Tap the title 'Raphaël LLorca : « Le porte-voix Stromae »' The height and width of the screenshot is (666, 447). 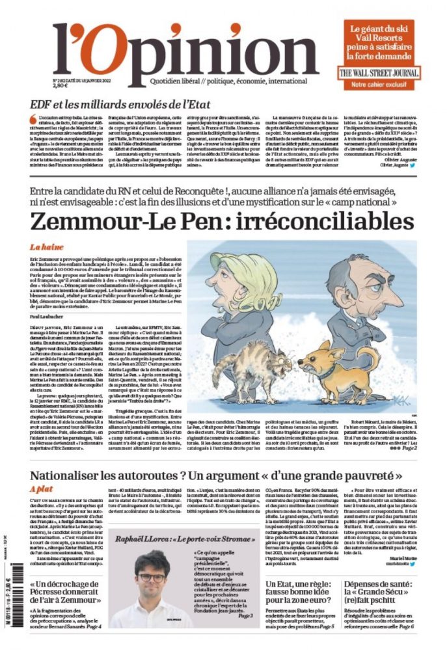point(184,539)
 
